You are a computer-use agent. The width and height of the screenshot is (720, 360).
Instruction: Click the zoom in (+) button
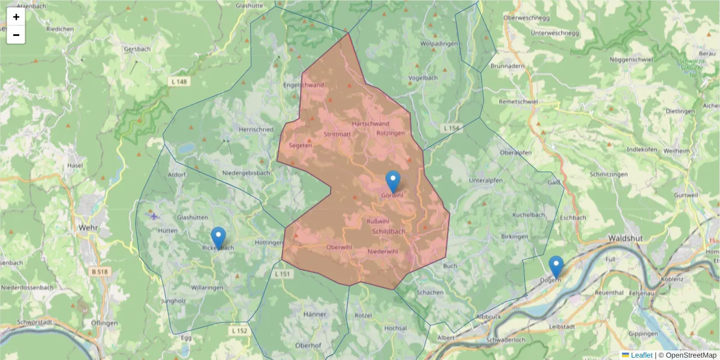[16, 17]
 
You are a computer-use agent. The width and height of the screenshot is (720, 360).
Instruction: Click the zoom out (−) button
[16, 35]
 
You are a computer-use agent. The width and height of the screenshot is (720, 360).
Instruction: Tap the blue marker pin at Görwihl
[392, 181]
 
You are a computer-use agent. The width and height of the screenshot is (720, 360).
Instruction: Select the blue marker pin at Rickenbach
[218, 238]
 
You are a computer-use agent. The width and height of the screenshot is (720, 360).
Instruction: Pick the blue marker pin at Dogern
[556, 266]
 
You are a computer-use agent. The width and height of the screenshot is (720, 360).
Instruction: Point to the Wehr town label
[88, 228]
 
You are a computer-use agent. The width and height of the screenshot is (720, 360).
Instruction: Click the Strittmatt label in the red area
[337, 134]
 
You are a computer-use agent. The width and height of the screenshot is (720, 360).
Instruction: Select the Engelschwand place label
[304, 85]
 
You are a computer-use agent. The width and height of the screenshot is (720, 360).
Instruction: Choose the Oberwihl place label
[339, 247]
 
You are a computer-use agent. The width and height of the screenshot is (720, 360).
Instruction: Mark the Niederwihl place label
[383, 251]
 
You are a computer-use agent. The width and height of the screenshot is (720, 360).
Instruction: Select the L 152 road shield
[239, 331]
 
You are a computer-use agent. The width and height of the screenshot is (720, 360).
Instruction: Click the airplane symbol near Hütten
[155, 215]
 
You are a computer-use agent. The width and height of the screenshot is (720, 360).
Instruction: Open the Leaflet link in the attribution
[641, 355]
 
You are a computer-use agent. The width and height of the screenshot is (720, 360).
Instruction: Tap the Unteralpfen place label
[484, 179]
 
